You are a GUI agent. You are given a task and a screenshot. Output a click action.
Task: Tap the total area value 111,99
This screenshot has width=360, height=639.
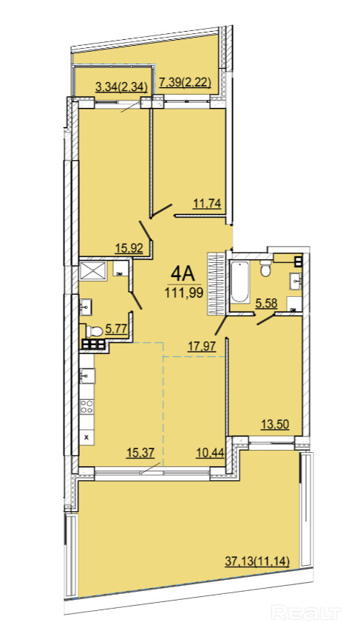tap(184, 293)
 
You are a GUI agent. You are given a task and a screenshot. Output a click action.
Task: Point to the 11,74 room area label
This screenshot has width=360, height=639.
tap(207, 204)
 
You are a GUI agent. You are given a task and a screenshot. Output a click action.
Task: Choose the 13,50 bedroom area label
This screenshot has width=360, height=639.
tap(275, 424)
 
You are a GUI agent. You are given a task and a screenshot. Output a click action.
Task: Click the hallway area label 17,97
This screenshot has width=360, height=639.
tap(201, 346)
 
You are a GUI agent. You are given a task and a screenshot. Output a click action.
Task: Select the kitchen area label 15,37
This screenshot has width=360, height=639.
tap(140, 454)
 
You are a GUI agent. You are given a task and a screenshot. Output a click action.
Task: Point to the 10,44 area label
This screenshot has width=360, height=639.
tap(210, 454)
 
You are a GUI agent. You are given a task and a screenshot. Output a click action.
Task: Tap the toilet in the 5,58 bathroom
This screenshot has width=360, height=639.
tap(265, 269)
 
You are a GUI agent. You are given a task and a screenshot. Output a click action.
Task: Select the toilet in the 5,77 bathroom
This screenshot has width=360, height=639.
tap(93, 330)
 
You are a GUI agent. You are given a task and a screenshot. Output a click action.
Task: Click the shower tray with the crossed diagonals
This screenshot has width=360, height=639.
tap(93, 270)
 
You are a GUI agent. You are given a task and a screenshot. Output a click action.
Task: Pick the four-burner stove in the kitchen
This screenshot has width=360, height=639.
tap(86, 406)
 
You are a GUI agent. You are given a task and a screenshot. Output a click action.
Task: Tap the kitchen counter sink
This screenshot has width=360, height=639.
tap(87, 376)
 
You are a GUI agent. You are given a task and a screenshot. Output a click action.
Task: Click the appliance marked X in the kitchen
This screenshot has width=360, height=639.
tap(86, 437)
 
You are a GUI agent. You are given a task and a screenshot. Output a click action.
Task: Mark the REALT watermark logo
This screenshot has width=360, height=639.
tap(306, 612)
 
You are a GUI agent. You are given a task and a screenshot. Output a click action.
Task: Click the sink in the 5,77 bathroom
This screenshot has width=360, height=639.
tap(86, 307)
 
